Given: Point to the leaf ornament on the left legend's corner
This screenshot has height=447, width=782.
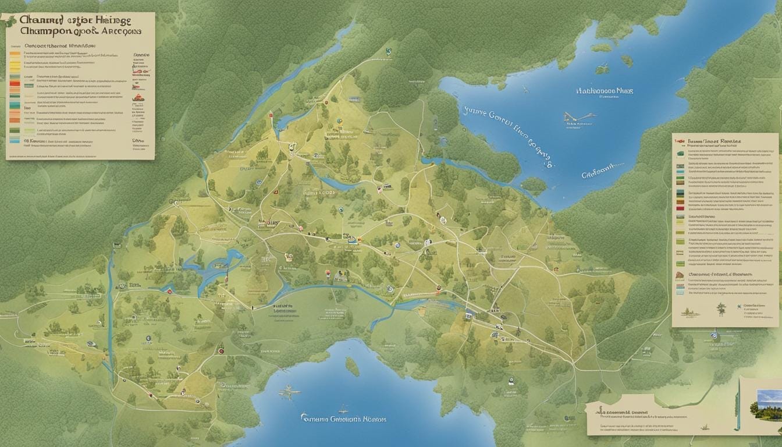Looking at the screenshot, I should point(9,22).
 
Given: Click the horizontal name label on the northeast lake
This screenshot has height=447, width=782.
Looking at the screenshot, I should point(604,91).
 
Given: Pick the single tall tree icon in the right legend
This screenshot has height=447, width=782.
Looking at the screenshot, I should point(721,308).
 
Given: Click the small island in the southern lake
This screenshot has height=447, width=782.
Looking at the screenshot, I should point(352,366).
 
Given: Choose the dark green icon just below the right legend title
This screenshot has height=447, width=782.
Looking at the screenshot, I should point(680,154).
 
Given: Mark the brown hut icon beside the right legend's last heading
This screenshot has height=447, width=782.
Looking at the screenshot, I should point(680,274).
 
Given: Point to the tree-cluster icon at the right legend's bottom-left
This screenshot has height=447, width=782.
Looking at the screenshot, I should point(689,312).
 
